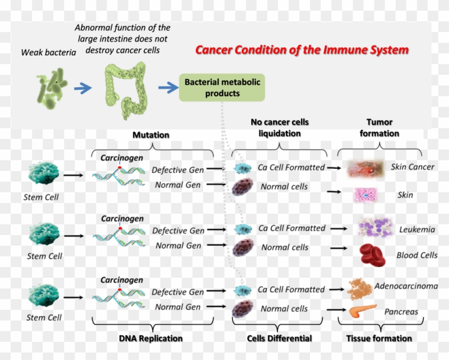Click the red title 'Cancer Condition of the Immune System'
pyautogui.click(x=301, y=50)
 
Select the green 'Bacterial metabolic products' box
pyautogui.click(x=222, y=88)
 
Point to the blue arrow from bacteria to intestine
pyautogui.click(x=83, y=88)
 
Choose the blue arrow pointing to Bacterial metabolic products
pyautogui.click(x=168, y=88)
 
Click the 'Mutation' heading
pyautogui.click(x=151, y=135)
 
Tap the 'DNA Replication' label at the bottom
pyautogui.click(x=150, y=338)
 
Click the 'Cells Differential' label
pyautogui.click(x=280, y=338)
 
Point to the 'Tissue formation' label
pyautogui.click(x=379, y=338)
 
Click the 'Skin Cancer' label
pyautogui.click(x=412, y=167)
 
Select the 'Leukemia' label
pyautogui.click(x=416, y=230)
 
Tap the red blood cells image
pyautogui.click(x=373, y=254)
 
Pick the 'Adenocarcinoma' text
pyautogui.click(x=406, y=286)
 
